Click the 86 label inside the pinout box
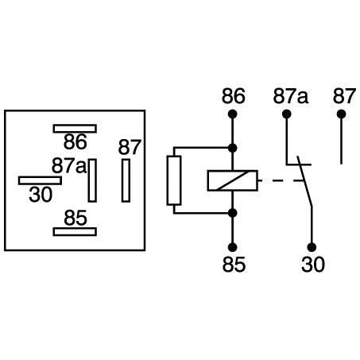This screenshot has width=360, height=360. [x=75, y=142]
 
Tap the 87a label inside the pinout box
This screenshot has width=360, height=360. [x=68, y=166]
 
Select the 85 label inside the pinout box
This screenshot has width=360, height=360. [x=75, y=217]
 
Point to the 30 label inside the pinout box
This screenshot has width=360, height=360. [x=40, y=193]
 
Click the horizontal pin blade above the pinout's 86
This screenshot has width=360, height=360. [x=75, y=128]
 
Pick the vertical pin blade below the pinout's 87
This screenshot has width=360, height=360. [x=126, y=180]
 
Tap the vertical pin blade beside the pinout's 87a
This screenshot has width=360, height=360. [x=93, y=180]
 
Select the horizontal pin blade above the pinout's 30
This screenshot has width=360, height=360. [x=40, y=180]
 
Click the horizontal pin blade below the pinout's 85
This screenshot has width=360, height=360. [x=75, y=231]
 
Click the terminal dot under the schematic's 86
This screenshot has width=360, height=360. [x=233, y=114]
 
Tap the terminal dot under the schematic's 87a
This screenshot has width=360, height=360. [x=286, y=114]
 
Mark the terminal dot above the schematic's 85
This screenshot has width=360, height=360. [x=233, y=246]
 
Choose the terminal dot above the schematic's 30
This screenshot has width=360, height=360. [x=312, y=246]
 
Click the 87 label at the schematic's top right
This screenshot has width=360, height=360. [x=343, y=97]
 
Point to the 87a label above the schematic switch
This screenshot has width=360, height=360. [x=290, y=97]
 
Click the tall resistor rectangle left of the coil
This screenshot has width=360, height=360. [x=173, y=180]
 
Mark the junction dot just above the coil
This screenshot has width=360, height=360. [x=233, y=148]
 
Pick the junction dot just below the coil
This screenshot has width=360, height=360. [x=233, y=213]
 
